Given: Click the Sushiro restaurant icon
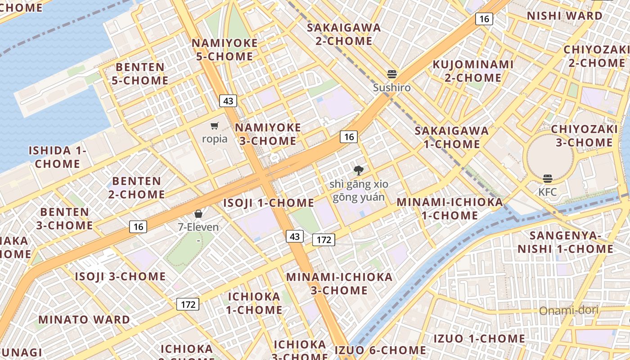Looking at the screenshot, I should pyautogui.click(x=392, y=74).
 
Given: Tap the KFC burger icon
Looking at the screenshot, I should pyautogui.click(x=547, y=179).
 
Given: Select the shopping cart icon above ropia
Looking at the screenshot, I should pyautogui.click(x=215, y=126).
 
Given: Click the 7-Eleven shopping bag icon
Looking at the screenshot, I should pyautogui.click(x=198, y=214).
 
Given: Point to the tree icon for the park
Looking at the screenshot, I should pyautogui.click(x=358, y=170).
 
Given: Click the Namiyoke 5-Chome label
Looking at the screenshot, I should pyautogui.click(x=225, y=50).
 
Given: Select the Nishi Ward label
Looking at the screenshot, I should pyautogui.click(x=564, y=16).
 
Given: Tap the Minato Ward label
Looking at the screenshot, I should pyautogui.click(x=84, y=320).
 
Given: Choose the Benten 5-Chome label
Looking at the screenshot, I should pyautogui.click(x=142, y=74).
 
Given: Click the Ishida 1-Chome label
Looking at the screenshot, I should pyautogui.click(x=58, y=157).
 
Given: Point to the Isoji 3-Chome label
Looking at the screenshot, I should pyautogui.click(x=120, y=276).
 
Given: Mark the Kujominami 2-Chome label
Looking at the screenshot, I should pyautogui.click(x=473, y=71).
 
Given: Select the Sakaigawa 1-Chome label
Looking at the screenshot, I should pyautogui.click(x=451, y=137).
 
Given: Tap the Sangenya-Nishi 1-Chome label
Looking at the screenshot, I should pyautogui.click(x=566, y=242).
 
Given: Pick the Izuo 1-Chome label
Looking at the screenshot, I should pyautogui.click(x=479, y=338).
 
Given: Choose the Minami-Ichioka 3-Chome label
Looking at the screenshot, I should pyautogui.click(x=339, y=283).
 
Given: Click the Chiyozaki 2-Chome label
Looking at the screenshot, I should pyautogui.click(x=596, y=56).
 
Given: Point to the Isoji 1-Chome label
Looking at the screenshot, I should pyautogui.click(x=269, y=203).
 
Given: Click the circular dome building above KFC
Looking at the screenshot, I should pyautogui.click(x=550, y=155).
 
